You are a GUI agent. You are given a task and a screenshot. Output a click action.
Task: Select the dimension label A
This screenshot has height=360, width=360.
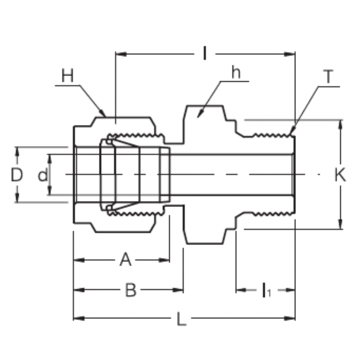[125, 260]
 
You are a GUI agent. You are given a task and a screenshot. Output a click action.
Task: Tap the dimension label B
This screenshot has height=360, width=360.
[131, 290]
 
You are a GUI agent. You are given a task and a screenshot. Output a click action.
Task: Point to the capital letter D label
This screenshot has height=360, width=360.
[17, 175]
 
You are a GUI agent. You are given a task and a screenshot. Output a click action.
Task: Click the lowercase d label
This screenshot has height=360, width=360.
[42, 175]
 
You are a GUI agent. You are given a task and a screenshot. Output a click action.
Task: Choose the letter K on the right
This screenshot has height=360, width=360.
[340, 175]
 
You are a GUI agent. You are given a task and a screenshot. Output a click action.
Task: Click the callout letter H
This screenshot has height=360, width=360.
[67, 76]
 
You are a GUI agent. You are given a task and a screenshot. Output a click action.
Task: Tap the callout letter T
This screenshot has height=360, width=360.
[329, 77]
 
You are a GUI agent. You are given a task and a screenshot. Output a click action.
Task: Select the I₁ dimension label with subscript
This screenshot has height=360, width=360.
[266, 290]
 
